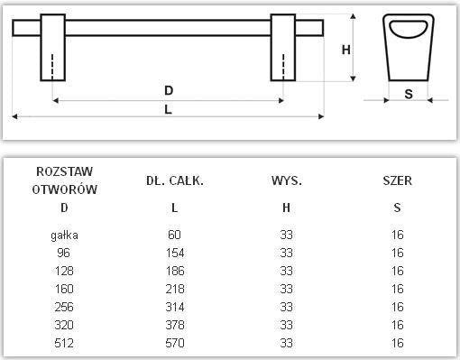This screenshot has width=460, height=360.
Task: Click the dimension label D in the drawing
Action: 169,90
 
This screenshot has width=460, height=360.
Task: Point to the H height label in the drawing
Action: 345,51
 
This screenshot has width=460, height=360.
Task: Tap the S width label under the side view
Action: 409,94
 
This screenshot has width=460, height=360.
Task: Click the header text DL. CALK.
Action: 175,180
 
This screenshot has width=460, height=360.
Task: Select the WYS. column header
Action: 286,180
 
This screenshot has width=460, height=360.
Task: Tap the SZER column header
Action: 397,180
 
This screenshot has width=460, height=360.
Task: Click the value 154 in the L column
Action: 175,253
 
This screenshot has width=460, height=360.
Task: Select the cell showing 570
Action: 175,343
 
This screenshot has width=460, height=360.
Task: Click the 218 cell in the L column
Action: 175,289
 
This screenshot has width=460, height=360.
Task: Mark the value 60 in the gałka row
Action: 175,235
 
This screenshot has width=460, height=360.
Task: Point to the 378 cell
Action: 175,325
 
